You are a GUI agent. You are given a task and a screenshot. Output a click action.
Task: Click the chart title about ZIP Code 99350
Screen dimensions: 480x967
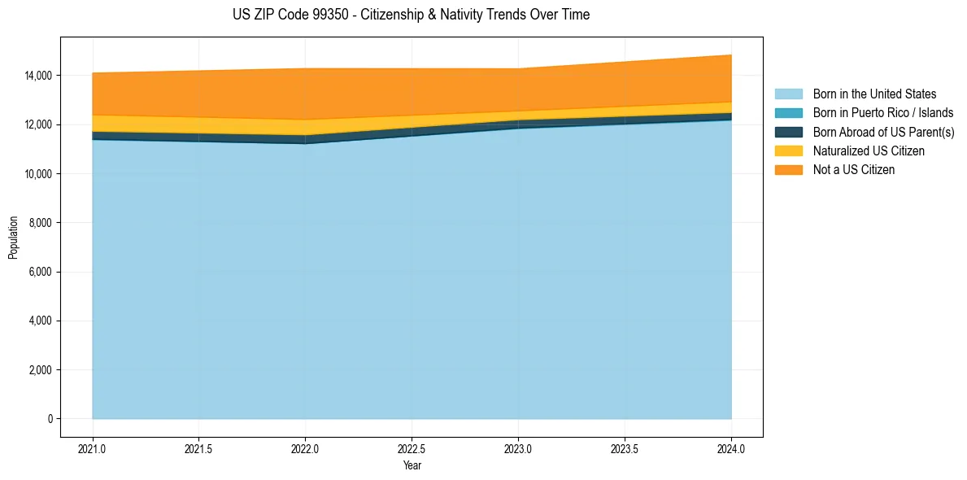411,15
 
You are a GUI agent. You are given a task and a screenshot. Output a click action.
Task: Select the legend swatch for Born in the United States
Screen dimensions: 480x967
788,94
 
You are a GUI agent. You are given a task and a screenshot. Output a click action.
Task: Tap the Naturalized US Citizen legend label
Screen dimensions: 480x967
869,151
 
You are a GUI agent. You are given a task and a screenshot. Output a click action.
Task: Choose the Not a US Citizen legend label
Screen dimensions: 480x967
854,170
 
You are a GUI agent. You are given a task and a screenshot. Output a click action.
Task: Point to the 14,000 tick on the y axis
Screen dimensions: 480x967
38,76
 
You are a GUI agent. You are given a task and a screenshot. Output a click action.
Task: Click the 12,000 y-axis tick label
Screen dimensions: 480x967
38,124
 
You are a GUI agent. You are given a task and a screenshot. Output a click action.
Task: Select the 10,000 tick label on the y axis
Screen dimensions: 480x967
38,174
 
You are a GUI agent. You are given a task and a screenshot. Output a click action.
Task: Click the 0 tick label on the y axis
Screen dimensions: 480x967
50,419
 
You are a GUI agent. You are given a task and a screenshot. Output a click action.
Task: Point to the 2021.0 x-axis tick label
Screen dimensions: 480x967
93,447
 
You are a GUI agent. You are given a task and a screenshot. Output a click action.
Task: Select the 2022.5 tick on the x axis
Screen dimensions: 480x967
412,447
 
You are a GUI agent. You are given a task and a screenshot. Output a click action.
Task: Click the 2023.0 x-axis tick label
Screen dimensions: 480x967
518,447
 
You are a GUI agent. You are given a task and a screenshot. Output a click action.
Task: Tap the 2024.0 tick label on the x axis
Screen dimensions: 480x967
731,447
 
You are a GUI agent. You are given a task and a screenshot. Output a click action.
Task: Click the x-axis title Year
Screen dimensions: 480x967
412,465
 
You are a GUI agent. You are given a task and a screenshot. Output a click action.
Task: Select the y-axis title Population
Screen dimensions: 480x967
13,238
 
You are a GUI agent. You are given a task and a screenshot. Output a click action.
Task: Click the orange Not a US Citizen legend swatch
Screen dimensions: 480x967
788,170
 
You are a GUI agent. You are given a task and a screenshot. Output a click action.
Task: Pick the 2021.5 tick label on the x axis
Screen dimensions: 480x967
198,447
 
